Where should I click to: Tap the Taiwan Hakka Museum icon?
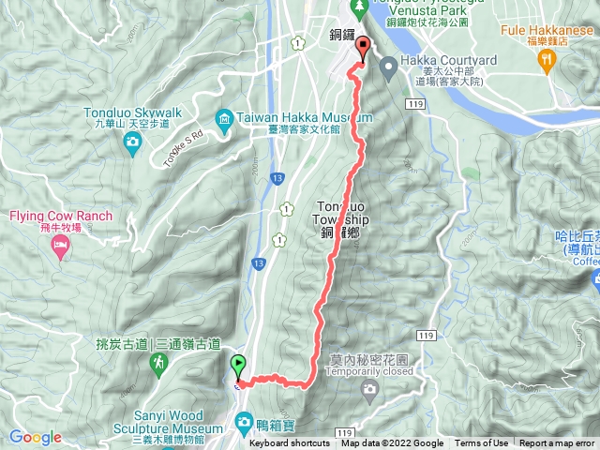point(225,119)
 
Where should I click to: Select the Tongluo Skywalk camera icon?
point(132,141)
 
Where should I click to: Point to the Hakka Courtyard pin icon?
point(387,65)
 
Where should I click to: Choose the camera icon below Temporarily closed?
point(370,387)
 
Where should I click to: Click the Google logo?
point(36,437)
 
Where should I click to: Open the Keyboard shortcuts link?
point(290,443)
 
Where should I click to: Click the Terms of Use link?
point(482,443)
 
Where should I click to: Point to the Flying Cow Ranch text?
point(61,217)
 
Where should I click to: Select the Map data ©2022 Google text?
point(392,443)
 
